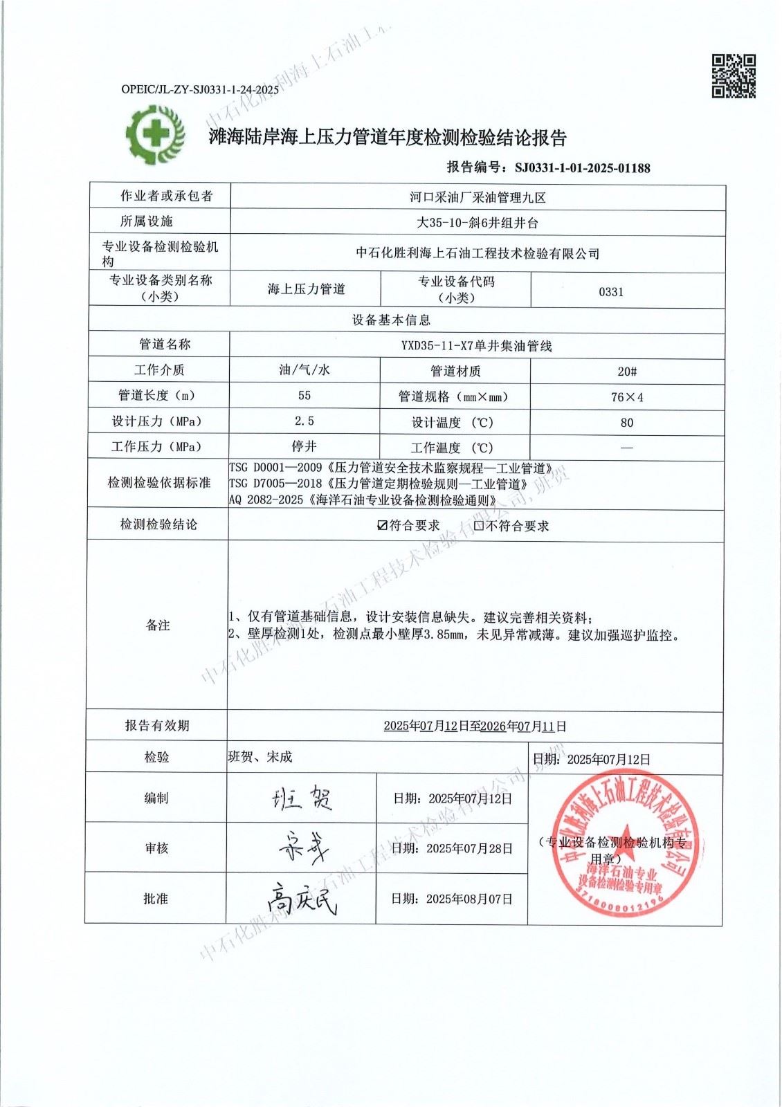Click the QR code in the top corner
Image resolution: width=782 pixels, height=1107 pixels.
point(734,76)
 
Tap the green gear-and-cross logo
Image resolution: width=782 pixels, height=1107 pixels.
point(156,134)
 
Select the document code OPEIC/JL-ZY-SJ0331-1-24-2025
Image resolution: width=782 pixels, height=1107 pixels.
point(200,89)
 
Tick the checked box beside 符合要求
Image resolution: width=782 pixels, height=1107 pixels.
point(382,525)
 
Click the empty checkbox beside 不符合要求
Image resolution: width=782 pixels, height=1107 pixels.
point(479,525)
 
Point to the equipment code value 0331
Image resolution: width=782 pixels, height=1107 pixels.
point(611,291)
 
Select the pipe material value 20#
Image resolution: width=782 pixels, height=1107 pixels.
point(627,372)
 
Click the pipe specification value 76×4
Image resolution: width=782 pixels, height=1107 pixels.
point(627,397)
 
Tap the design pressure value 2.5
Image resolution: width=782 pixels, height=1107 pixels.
point(304,421)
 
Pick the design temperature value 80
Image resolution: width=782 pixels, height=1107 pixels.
point(627,423)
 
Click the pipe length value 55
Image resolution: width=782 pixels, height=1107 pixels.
point(304,395)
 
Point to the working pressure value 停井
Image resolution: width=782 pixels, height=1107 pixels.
point(304,446)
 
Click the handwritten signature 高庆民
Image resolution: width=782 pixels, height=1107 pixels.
point(302,899)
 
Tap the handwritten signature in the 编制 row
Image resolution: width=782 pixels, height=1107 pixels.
point(302,798)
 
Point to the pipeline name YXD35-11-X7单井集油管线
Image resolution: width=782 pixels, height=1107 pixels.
point(477,346)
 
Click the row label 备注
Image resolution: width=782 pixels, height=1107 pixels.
point(158,625)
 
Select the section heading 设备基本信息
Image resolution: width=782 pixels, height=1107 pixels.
point(391,320)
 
